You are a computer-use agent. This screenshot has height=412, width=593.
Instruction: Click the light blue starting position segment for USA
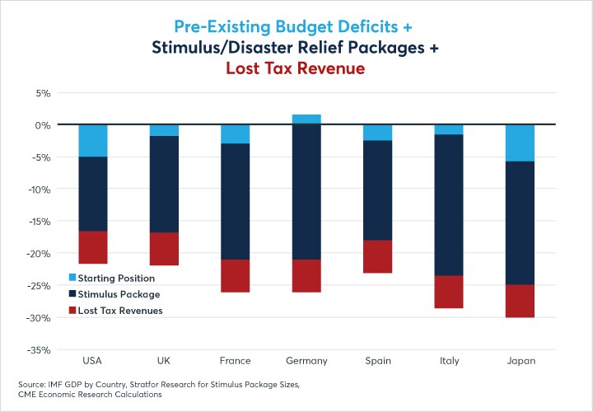coord(93,141)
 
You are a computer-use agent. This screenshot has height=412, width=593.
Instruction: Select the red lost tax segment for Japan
coord(521,301)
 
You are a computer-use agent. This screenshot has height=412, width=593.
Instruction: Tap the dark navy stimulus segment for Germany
coord(306,191)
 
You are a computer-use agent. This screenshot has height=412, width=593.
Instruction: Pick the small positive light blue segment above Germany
coord(306,119)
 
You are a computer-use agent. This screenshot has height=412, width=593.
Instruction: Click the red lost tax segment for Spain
coord(378,256)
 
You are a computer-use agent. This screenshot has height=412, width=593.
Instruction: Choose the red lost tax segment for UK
coord(164,249)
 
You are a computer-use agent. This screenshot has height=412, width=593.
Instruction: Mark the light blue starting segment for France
coord(236,134)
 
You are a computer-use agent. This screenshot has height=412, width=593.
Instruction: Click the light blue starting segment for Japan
coord(521,143)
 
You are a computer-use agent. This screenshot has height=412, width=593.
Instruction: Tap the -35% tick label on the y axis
coord(40,349)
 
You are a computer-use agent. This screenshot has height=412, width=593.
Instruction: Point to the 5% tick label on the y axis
coord(43,93)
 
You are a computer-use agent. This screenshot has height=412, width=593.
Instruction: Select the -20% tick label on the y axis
coord(40,254)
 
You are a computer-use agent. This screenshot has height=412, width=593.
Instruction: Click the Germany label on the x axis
coord(306,361)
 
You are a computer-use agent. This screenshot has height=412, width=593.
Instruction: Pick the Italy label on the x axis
coord(449,361)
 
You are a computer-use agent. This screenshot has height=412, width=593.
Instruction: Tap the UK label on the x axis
coord(164,361)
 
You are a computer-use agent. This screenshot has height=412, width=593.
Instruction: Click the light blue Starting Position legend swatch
coord(72,279)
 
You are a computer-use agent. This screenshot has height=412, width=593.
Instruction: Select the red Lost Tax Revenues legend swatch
coord(72,311)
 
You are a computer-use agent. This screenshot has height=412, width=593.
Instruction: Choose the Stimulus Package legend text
coord(119,294)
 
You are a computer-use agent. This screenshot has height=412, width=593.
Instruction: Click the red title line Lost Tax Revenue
coord(296,68)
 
